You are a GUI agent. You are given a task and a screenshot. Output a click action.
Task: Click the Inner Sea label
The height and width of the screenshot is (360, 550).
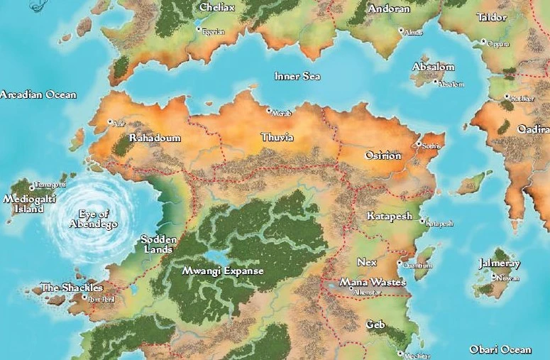(297, 76)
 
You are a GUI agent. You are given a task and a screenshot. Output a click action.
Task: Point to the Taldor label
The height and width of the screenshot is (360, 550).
(491, 16)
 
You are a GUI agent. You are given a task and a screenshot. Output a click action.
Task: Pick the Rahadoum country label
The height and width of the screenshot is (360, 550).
(155, 138)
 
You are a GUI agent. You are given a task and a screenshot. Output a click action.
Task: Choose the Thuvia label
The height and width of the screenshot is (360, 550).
(277, 136)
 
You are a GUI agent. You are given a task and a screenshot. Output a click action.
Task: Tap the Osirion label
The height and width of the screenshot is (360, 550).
(383, 156)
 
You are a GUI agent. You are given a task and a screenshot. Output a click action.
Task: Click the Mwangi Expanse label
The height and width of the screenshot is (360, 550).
(223, 271)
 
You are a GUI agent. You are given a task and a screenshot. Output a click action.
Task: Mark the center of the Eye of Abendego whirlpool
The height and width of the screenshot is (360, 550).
(89, 218)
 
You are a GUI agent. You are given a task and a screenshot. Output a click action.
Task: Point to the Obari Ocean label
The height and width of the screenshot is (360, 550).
(500, 349)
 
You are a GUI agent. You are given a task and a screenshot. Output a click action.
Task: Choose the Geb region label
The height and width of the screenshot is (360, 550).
(375, 324)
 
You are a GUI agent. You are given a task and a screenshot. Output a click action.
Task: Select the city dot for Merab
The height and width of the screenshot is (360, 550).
(269, 110)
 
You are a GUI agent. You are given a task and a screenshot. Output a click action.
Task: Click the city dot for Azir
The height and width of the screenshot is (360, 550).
(111, 122)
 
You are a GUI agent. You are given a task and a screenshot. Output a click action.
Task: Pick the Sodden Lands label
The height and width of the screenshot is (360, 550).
(158, 244)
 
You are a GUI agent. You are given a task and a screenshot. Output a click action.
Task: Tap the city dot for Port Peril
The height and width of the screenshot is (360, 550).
(84, 298)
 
